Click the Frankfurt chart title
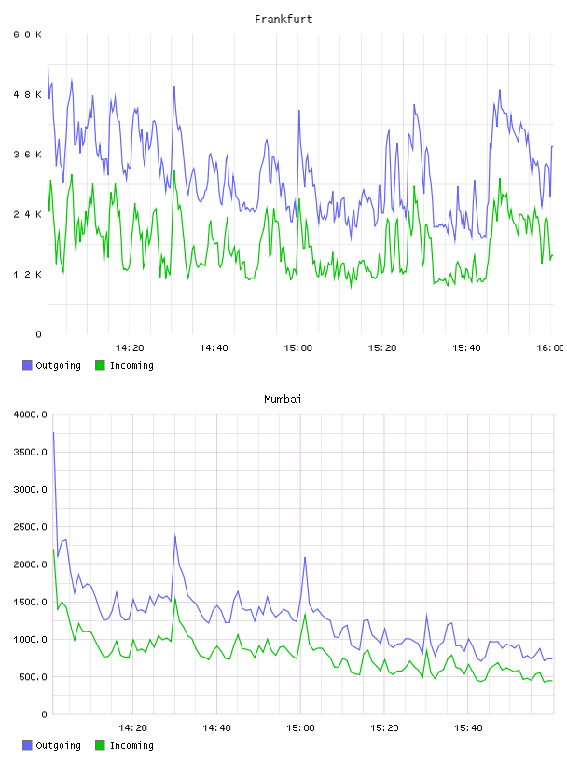click(x=283, y=20)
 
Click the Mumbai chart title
click(x=283, y=400)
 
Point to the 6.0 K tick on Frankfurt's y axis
click(x=27, y=34)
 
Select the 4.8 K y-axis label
click(x=27, y=94)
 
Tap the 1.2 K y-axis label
click(x=27, y=275)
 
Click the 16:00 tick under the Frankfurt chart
click(x=550, y=348)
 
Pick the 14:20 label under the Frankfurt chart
click(x=130, y=348)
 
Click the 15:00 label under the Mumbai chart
click(x=300, y=728)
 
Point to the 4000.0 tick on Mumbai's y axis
click(x=30, y=414)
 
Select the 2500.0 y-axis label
click(x=30, y=527)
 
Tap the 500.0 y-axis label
click(x=33, y=676)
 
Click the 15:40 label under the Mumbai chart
click(x=468, y=728)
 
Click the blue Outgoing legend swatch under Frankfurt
click(x=27, y=365)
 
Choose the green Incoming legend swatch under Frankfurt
click(x=100, y=365)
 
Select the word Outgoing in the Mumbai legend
click(x=58, y=745)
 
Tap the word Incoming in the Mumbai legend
click(x=131, y=745)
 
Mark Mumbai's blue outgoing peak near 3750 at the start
click(x=53, y=432)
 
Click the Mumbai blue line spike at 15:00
click(x=305, y=557)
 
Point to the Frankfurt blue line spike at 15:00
click(x=299, y=111)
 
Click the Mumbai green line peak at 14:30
click(x=175, y=598)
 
